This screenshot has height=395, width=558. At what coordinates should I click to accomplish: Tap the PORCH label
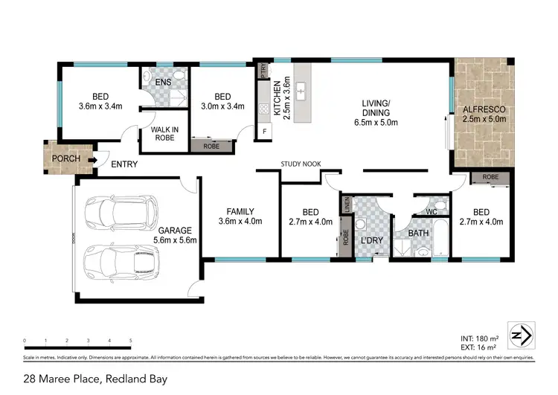pyautogui.click(x=65, y=158)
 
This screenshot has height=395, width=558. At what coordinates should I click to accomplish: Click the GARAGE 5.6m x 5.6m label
pyautogui.click(x=173, y=235)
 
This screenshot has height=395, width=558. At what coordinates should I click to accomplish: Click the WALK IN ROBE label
pyautogui.click(x=164, y=133)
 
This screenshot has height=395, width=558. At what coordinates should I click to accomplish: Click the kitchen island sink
pyautogui.click(x=303, y=92)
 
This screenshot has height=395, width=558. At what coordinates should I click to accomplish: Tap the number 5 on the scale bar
pyautogui.click(x=130, y=341)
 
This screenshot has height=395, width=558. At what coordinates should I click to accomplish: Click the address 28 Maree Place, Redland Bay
pyautogui.click(x=95, y=379)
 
